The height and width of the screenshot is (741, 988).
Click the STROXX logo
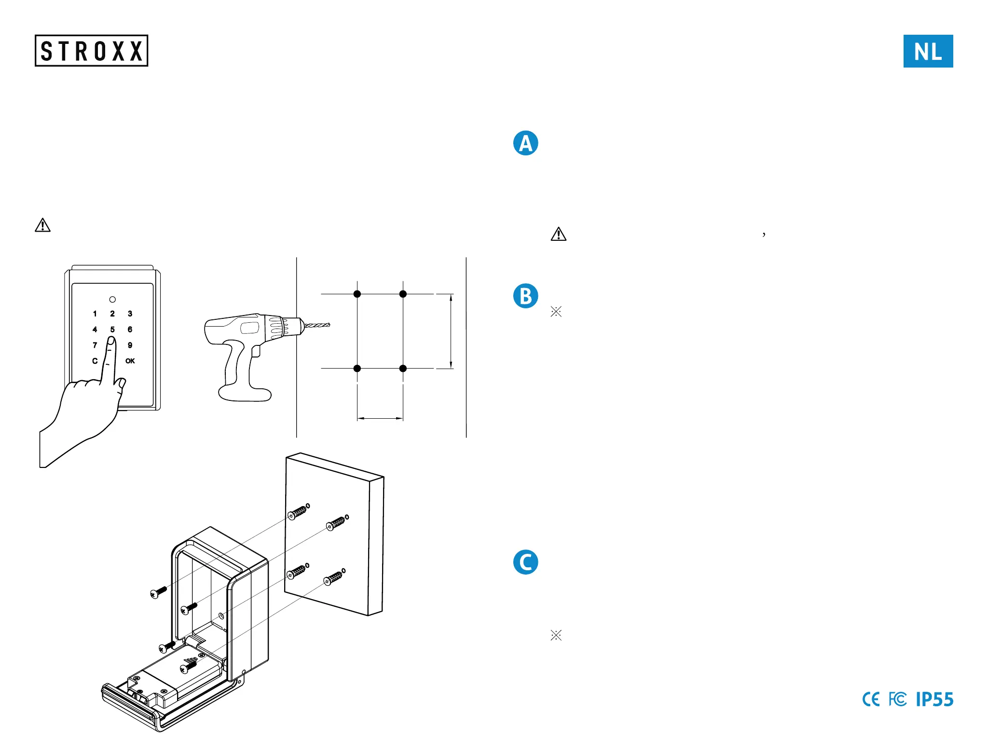[x=91, y=51]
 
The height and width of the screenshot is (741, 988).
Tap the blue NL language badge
[x=928, y=51]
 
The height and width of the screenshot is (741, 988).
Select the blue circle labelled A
[x=525, y=143]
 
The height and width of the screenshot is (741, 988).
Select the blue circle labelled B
[x=525, y=296]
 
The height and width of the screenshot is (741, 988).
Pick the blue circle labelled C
[x=525, y=562]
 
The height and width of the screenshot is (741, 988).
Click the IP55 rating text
[x=934, y=699]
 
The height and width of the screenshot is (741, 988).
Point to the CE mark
[x=871, y=699]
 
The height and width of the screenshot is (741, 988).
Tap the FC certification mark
[x=897, y=699]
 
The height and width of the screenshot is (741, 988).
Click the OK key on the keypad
[x=130, y=361]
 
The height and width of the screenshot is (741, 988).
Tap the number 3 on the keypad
[x=130, y=314]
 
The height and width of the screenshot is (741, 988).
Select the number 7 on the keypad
[x=95, y=345]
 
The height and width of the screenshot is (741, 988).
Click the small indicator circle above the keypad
[x=112, y=300]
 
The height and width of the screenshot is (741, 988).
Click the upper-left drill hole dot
[x=357, y=294]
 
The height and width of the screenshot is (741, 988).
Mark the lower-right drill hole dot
[x=403, y=369]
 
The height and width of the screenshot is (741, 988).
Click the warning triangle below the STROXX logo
[x=42, y=225]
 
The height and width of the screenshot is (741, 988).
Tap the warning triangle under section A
[x=558, y=234]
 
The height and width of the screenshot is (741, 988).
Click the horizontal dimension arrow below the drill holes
[x=380, y=418]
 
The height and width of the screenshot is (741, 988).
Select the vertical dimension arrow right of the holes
[x=451, y=331]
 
